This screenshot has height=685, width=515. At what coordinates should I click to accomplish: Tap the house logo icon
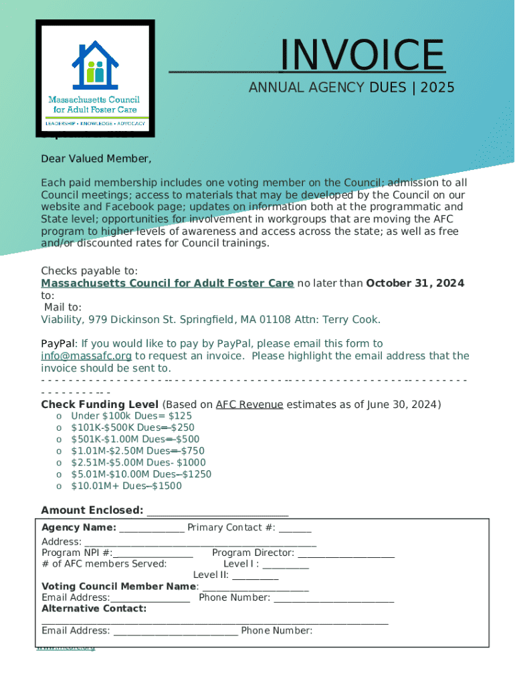[x=94, y=61]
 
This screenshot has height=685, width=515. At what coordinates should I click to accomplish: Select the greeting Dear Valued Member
[x=96, y=159]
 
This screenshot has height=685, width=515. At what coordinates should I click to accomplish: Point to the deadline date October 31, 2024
[x=415, y=283]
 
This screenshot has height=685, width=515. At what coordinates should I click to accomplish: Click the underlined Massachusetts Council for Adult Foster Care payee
[x=167, y=283]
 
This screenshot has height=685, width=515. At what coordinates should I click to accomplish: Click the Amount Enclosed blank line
[x=217, y=512]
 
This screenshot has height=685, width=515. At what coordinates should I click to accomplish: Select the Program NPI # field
[x=153, y=553]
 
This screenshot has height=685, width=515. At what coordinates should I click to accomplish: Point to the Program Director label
[x=253, y=553]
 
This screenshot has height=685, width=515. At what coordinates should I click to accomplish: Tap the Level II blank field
[x=255, y=575]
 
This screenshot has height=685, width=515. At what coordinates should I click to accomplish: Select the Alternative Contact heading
[x=94, y=609]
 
